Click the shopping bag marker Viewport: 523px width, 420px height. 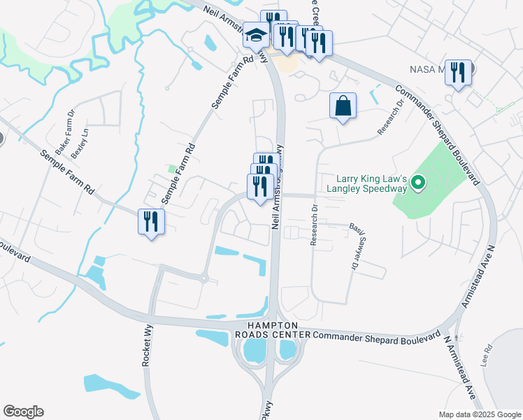tap(343, 106)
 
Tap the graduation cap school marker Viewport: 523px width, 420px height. tap(256, 35)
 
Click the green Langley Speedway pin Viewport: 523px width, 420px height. tap(418, 183)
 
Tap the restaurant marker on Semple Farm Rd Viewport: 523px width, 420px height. tap(151, 222)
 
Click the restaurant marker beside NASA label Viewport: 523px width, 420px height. tap(458, 72)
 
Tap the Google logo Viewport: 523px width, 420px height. tap(23, 412)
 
